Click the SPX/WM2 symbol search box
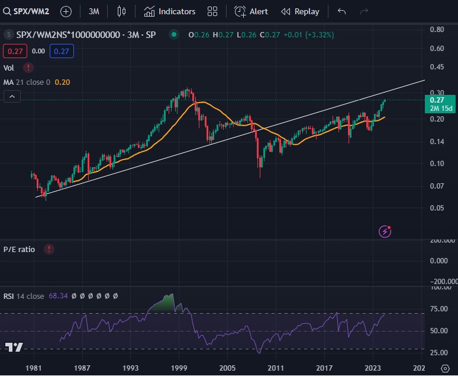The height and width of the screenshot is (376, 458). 27,11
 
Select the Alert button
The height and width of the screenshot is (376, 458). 251,11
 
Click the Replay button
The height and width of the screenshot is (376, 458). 300,11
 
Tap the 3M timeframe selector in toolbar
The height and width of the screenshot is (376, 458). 93,11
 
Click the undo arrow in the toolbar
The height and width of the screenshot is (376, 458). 341,11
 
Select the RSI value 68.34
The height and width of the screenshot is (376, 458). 57,295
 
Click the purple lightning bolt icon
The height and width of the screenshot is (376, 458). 386,231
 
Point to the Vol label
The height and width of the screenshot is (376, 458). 9,68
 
